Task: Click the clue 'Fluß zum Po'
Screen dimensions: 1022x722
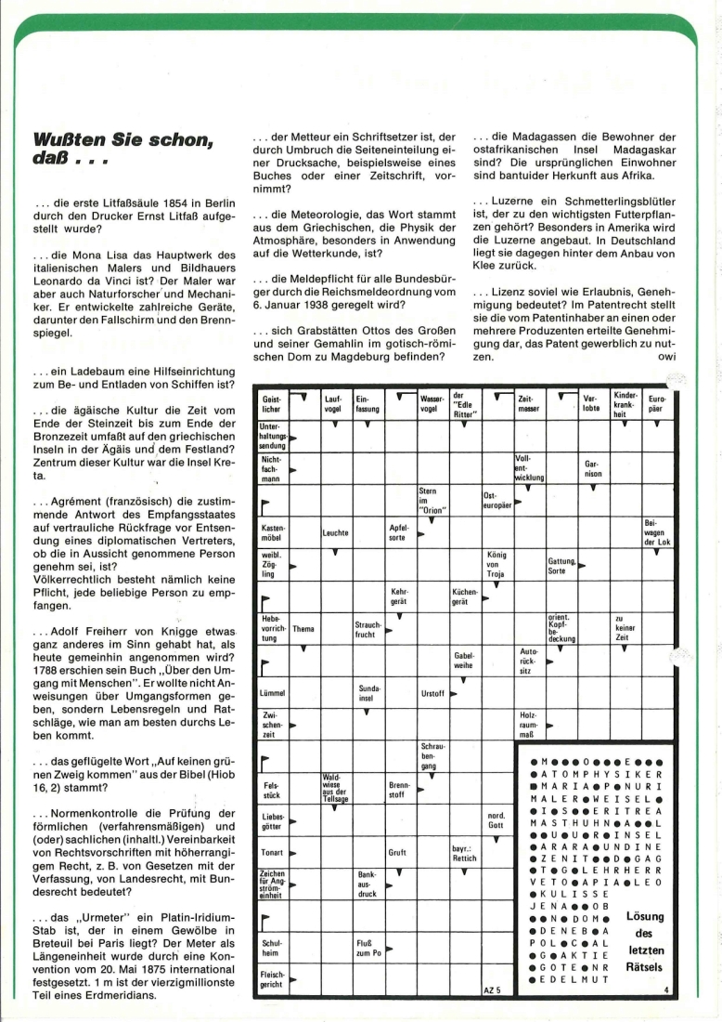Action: (x=366, y=950)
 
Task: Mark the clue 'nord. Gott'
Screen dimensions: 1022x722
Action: (x=496, y=822)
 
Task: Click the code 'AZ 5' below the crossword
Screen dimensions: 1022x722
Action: (x=492, y=991)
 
